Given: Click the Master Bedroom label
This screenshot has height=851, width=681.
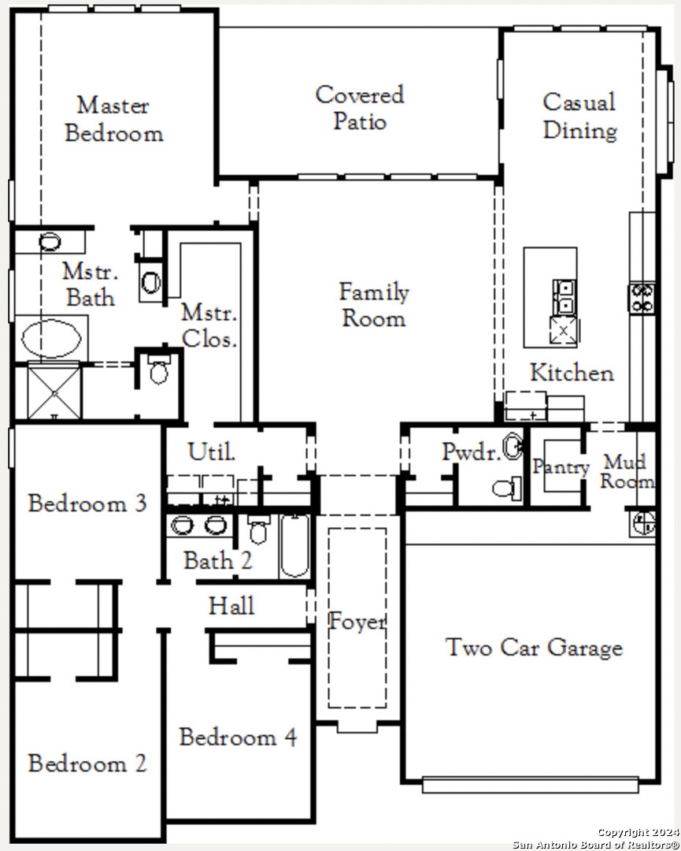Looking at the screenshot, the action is tap(114, 120).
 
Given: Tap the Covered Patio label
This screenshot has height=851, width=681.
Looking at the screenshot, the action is tap(360, 107).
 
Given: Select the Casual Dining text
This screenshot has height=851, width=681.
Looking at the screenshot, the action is tap(579, 116).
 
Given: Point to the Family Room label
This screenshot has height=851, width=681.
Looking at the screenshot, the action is tap(374, 304).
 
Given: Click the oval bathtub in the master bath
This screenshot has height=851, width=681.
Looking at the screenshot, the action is tap(51, 338).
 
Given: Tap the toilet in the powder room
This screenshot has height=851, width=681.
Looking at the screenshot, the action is tap(507, 488).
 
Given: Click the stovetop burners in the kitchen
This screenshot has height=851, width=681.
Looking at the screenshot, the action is tap(642, 298).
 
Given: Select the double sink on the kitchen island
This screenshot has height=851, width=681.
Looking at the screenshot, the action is tap(564, 297).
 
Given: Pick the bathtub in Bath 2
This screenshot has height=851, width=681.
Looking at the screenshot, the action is tap(295, 545).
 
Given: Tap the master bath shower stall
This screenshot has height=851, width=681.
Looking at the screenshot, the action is tap(54, 392).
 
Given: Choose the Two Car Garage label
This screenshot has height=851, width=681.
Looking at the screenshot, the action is tap(534, 648).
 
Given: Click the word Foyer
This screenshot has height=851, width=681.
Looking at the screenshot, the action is tap(357, 621).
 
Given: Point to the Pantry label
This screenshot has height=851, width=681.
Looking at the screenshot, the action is tap(561, 466).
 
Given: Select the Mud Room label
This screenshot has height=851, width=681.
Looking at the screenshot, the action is tap(627, 471).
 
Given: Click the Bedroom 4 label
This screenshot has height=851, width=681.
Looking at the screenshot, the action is tap(238, 737).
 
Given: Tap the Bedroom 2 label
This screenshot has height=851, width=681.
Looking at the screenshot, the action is tap(87, 763).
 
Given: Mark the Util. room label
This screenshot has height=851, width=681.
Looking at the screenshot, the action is tap(212, 452).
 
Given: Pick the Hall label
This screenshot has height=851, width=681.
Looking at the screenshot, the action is tap(231, 606).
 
